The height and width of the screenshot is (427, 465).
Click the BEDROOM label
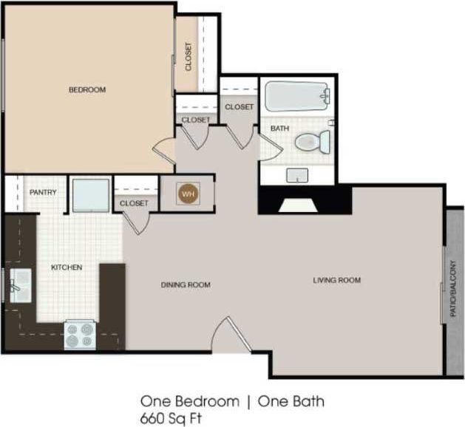pos(87,90)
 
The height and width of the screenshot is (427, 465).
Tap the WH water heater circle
pos(187,194)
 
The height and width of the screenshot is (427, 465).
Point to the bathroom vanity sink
pos(298,175)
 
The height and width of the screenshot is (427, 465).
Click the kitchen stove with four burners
pos(80,335)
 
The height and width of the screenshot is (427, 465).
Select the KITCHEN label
pos(66,267)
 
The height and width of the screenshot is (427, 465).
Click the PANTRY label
pos(43,193)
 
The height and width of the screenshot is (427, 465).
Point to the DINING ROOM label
pos(186,285)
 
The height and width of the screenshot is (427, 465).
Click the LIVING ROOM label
pos(336,280)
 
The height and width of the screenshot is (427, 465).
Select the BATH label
pos(279,129)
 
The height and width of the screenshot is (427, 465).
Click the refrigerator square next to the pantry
pos(91,195)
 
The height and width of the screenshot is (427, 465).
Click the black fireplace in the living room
pos(303,200)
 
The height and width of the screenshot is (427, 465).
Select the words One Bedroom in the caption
pos(190,401)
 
